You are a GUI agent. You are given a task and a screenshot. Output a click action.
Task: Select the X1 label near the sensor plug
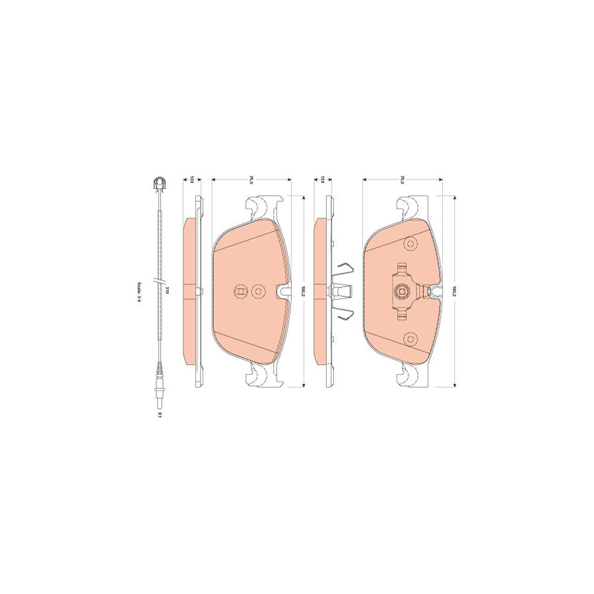[159, 416]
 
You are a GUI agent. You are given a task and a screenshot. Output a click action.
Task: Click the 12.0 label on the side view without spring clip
[192, 180]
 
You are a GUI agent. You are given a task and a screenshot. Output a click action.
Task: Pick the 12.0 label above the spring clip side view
[322, 180]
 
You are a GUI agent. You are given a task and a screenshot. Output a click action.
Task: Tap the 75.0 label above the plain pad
[251, 180]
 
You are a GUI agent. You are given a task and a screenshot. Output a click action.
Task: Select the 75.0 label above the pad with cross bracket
[402, 180]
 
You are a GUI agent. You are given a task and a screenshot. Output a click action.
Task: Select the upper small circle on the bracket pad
[411, 243]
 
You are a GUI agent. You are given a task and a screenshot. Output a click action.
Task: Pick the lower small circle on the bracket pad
[411, 339]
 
